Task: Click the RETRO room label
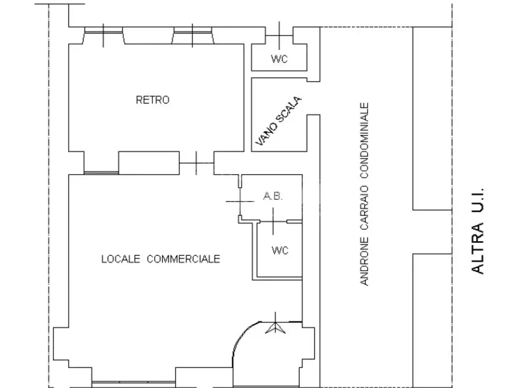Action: point(153,100)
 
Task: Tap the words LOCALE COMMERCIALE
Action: point(161,259)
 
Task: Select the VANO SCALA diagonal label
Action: point(278,120)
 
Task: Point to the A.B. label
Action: point(273,196)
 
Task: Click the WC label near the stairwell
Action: point(280,59)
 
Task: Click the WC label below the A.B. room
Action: point(280,250)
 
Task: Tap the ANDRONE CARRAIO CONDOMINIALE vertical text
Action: point(364,194)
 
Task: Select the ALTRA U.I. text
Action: point(478,231)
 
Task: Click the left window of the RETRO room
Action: point(103,35)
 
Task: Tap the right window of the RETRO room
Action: point(192,35)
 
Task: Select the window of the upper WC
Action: point(280,36)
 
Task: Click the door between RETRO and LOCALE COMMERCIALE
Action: point(196,163)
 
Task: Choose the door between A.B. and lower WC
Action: point(273,221)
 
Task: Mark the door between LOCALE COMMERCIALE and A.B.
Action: point(240,201)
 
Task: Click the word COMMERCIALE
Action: point(183,259)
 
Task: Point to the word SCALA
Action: point(288,109)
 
